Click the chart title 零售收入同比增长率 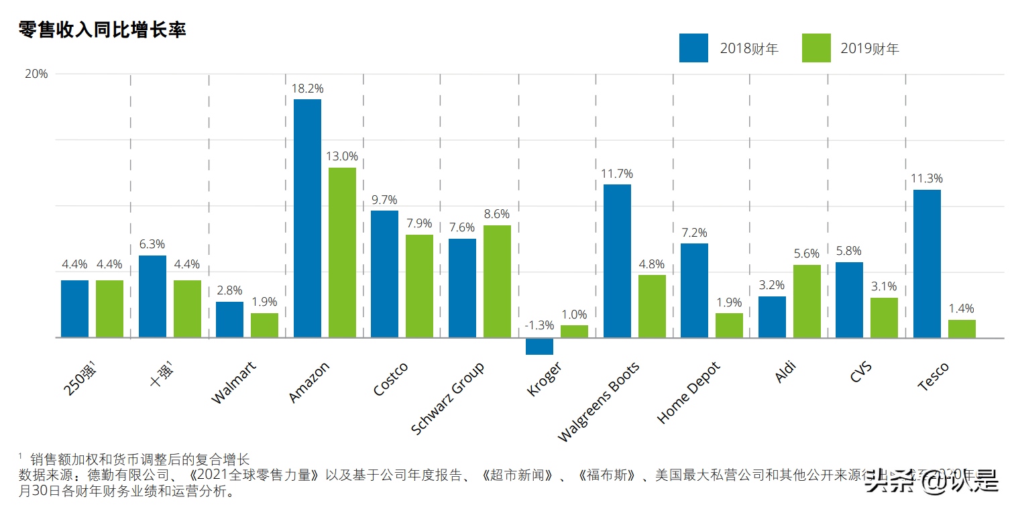[102, 30]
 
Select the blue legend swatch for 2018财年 [693, 48]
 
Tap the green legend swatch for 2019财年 [816, 48]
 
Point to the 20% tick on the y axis [36, 74]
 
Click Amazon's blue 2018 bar [307, 218]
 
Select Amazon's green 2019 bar [342, 252]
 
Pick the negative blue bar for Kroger [539, 346]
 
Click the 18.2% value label [308, 88]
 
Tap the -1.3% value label [539, 325]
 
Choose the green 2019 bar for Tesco [962, 329]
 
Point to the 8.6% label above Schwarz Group [497, 214]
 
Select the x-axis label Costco [391, 379]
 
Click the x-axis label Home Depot [689, 393]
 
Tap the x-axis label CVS [861, 372]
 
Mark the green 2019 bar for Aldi [807, 301]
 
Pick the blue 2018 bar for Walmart [229, 319]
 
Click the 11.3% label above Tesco [927, 178]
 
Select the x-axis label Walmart [233, 383]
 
